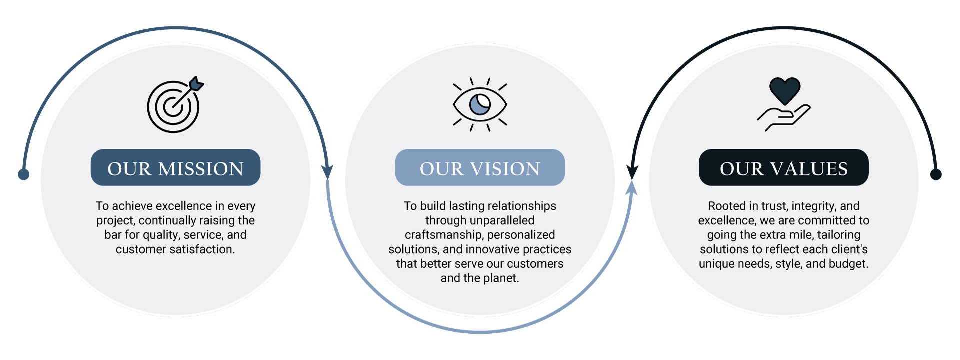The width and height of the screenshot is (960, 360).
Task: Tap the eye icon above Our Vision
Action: click(480, 104)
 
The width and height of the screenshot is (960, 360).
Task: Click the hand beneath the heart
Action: click(783, 118)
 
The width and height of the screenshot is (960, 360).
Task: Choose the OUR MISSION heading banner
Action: click(175, 167)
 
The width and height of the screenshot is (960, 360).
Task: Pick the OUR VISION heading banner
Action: click(480, 167)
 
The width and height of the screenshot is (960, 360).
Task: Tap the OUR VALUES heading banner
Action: click(784, 167)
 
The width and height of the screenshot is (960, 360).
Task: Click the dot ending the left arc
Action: click(23, 174)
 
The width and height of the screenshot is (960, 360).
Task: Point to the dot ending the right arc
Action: click(936, 174)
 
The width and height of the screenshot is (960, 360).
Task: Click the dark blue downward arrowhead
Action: click(327, 172)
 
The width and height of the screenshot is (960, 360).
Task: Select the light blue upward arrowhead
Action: click(632, 187)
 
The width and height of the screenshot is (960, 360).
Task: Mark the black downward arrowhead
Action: click(632, 172)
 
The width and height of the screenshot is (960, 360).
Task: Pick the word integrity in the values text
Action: click(813, 206)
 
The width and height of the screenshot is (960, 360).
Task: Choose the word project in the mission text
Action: click(115, 221)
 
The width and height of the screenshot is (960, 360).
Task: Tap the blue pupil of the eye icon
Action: click(480, 104)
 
